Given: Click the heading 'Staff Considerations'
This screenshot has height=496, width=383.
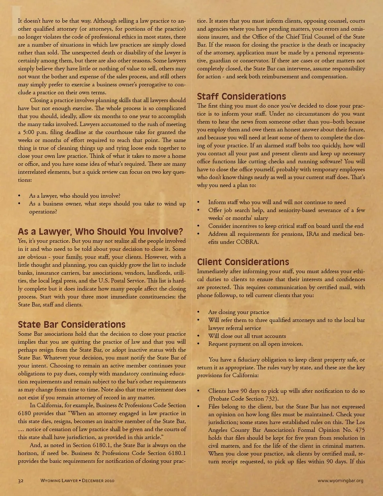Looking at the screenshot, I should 241,97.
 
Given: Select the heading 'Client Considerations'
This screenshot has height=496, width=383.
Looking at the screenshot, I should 243,262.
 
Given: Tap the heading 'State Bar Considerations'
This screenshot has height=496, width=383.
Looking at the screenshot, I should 72,325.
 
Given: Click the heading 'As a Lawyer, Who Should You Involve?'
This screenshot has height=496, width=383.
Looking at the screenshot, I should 101,232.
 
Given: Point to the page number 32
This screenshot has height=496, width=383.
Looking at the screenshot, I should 21,480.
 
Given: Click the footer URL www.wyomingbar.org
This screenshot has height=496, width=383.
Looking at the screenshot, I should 340,480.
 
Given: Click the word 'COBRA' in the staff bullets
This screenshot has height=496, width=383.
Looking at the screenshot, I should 247,242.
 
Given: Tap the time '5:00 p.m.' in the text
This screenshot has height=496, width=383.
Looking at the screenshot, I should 34,132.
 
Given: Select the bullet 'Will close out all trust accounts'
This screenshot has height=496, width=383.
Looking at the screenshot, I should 247,336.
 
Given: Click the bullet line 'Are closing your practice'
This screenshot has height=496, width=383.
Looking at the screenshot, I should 239,312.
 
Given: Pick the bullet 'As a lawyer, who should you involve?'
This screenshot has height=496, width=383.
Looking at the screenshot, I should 75,196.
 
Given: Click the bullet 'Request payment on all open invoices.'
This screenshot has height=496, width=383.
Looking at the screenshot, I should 255,344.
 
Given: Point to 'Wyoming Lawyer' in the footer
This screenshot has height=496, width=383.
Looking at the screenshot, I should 59,480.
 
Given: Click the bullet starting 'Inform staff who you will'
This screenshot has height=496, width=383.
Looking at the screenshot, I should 277,202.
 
